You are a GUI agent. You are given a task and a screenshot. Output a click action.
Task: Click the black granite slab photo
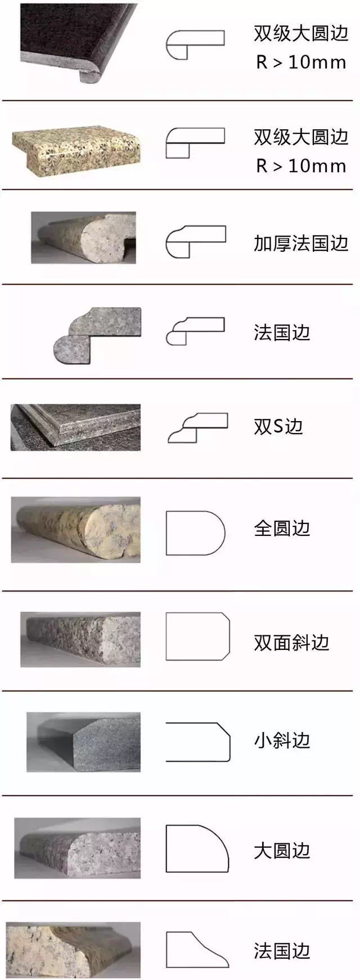(x=79, y=42)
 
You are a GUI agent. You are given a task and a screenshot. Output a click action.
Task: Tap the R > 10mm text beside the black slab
(x=301, y=62)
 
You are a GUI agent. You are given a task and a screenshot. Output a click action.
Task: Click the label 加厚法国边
(x=301, y=243)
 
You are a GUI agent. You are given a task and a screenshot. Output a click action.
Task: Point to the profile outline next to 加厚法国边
(x=195, y=242)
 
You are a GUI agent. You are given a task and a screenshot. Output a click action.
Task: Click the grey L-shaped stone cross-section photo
(x=97, y=336)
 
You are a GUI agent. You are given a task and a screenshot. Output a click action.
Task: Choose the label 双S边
(x=278, y=427)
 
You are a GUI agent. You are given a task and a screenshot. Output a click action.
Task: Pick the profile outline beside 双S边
(x=197, y=428)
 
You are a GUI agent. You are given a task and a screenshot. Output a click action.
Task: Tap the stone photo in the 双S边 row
(x=75, y=427)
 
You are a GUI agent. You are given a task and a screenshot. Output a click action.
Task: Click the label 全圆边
(x=282, y=529)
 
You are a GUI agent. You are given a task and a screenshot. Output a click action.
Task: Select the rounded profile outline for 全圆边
(x=195, y=532)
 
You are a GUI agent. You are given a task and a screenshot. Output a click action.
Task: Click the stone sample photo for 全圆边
(x=76, y=530)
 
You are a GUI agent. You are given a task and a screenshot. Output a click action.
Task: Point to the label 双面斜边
(x=291, y=643)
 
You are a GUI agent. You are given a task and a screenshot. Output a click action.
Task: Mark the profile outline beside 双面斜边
(x=197, y=636)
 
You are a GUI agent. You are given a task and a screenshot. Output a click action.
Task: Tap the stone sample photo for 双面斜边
(x=80, y=639)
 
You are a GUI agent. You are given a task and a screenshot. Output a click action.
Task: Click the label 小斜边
(x=282, y=740)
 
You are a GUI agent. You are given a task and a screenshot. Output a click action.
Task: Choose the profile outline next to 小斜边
(x=198, y=742)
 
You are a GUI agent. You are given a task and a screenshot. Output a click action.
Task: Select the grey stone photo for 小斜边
(x=83, y=742)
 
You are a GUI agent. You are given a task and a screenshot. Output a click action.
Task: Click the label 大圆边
(x=282, y=851)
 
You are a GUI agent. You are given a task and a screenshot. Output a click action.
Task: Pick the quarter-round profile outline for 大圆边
(x=196, y=848)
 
